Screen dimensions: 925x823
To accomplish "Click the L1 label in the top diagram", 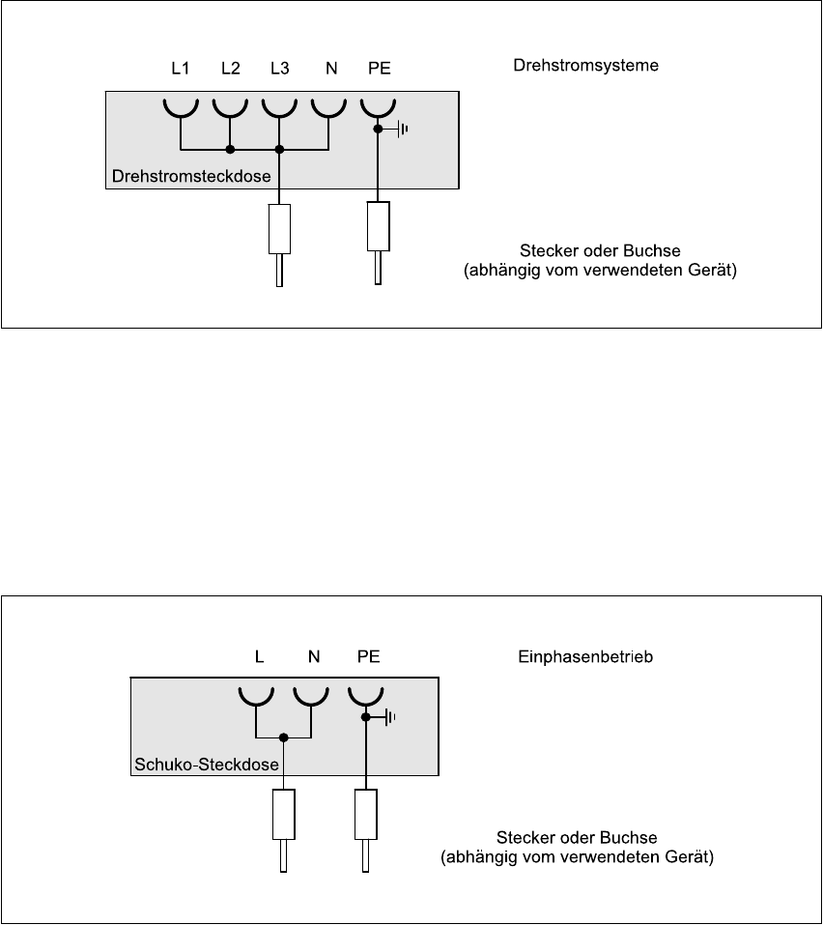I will (x=180, y=70).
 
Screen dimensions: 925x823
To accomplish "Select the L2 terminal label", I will (x=230, y=70).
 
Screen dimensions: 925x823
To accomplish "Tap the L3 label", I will (x=279, y=70).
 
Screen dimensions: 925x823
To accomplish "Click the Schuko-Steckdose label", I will (x=205, y=766).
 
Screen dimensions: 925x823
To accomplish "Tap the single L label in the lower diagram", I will (x=259, y=656).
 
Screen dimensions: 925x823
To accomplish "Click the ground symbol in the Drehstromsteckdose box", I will (x=402, y=128).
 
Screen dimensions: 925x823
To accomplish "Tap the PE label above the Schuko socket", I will (x=368, y=656).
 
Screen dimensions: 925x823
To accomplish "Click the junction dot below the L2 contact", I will (x=230, y=150).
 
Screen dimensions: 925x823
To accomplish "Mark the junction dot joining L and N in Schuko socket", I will (x=283, y=738).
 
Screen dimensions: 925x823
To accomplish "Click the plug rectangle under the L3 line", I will (x=279, y=229).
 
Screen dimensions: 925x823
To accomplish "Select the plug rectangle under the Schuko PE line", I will (x=366, y=814).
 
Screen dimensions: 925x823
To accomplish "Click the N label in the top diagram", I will (x=330, y=70).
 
